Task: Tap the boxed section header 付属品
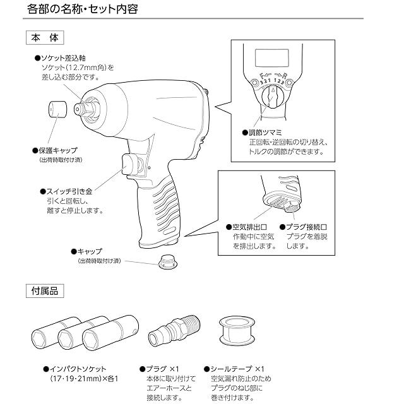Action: pyautogui.click(x=44, y=292)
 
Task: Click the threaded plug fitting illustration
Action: pyautogui.click(x=172, y=333)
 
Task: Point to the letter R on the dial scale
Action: pyautogui.click(x=285, y=77)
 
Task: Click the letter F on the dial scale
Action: pyautogui.click(x=261, y=77)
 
